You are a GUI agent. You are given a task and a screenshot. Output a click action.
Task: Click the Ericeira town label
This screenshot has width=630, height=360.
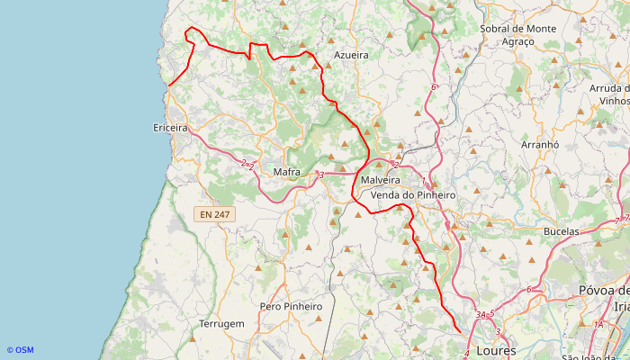click(x=170, y=128)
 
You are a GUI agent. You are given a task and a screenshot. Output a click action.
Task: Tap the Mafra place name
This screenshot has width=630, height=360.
click(x=286, y=172)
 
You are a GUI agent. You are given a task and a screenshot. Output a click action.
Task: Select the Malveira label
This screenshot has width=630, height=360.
click(x=379, y=181)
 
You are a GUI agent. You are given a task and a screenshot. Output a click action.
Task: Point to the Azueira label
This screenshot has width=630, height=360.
click(x=351, y=55)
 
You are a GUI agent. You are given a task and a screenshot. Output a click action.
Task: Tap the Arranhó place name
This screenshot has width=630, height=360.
click(x=540, y=144)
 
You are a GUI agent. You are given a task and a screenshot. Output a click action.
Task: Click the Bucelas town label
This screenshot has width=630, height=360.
click(x=562, y=231)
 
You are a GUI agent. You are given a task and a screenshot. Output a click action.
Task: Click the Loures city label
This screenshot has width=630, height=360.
click(x=497, y=350)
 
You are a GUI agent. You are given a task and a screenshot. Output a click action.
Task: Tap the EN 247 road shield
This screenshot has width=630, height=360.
click(x=215, y=214)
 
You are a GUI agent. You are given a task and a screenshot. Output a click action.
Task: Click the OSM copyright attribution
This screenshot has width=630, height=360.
click(x=20, y=350)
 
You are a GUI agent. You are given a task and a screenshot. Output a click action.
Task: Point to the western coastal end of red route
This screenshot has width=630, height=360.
click(x=168, y=85)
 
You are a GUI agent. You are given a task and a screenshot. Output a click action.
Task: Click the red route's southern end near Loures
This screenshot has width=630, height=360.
click(x=460, y=333)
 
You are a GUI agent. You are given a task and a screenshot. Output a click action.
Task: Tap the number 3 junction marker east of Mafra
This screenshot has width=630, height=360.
click(x=320, y=175)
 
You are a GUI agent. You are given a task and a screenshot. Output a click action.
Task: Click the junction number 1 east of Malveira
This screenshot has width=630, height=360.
click(x=424, y=181)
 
